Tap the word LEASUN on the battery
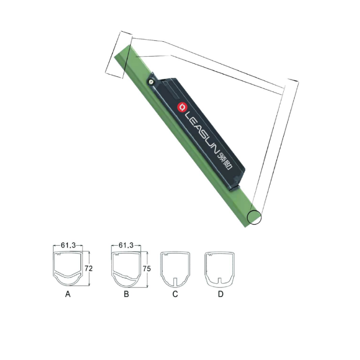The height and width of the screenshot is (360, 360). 201,132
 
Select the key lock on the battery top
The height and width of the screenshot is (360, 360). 150,82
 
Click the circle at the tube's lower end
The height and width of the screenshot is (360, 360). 254,217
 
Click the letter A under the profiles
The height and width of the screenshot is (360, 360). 68,294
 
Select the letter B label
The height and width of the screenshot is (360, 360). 126,294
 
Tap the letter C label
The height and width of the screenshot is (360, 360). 175,294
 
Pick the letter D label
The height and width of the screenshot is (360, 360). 221,294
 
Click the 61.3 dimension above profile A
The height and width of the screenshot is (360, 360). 68,245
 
